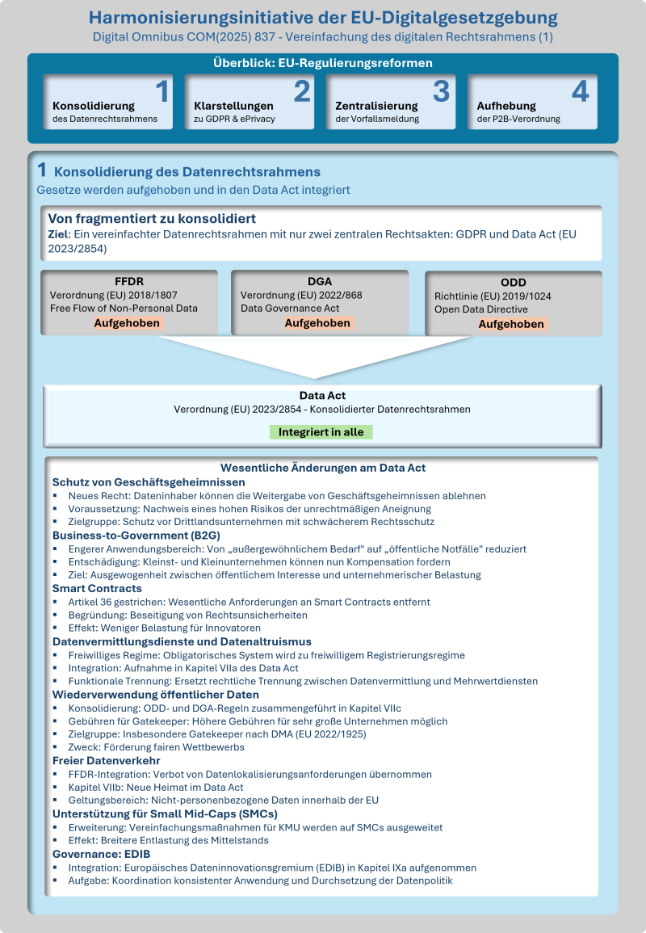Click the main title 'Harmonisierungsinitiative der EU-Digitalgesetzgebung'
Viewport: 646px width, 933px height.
(x=323, y=18)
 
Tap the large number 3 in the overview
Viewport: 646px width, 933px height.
(x=441, y=92)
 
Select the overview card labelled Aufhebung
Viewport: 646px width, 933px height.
(x=532, y=103)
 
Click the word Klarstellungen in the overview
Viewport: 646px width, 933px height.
(x=234, y=106)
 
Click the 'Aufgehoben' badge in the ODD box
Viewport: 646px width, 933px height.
(x=512, y=324)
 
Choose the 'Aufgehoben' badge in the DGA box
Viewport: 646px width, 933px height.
(x=318, y=322)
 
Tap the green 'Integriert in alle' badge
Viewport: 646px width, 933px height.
(x=321, y=432)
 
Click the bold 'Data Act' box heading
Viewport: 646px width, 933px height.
(x=322, y=396)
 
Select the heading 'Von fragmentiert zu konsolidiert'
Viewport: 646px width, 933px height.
(x=153, y=219)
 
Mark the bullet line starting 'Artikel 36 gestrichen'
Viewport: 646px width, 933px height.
(x=249, y=602)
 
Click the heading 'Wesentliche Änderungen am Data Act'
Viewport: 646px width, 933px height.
(x=323, y=468)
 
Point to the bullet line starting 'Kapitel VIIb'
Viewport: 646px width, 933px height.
(x=155, y=787)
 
